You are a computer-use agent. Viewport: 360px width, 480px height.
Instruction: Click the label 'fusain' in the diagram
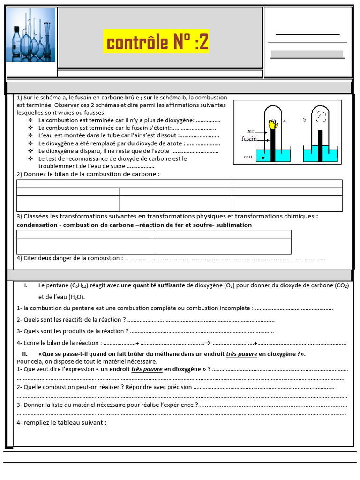pyautogui.click(x=249, y=139)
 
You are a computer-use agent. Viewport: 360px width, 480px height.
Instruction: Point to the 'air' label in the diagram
pyautogui.click(x=251, y=131)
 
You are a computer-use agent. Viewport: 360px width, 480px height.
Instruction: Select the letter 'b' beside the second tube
pyautogui.click(x=304, y=120)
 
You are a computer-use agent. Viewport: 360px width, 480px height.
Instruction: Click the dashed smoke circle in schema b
pyautogui.click(x=321, y=115)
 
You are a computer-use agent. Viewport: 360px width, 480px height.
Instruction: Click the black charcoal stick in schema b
pyautogui.click(x=321, y=145)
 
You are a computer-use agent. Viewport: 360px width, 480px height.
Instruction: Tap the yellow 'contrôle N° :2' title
pyautogui.click(x=156, y=43)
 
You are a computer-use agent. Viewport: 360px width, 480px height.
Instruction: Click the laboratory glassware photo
pyautogui.click(x=31, y=35)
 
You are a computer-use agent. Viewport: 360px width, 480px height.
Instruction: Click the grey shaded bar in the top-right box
pyautogui.click(x=307, y=54)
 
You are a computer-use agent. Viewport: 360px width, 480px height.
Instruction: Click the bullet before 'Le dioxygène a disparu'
pyautogui.click(x=30, y=151)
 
